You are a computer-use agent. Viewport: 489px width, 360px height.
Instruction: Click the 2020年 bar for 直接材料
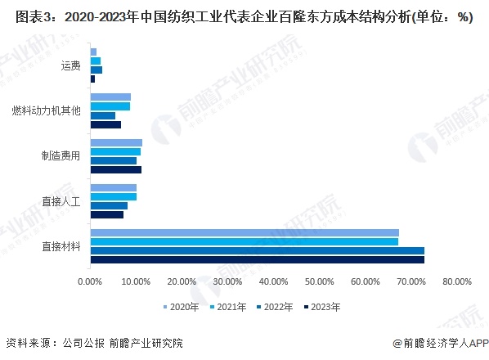pyautogui.click(x=244, y=233)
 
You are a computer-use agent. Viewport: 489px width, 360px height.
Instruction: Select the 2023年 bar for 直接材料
pyautogui.click(x=257, y=260)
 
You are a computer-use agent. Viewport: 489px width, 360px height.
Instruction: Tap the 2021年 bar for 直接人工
pyautogui.click(x=113, y=196)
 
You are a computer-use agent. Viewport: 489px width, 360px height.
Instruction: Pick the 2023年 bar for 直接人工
pyautogui.click(x=106, y=214)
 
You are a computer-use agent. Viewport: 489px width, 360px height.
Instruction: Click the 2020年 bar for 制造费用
pyautogui.click(x=116, y=142)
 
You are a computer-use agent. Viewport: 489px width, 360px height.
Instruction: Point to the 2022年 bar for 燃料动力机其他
pyautogui.click(x=102, y=115)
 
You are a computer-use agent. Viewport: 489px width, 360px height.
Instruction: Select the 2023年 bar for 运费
pyautogui.click(x=92, y=79)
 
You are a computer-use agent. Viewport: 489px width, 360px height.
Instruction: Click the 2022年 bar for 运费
pyautogui.click(x=96, y=70)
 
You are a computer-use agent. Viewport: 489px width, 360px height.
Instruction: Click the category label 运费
pyautogui.click(x=70, y=65)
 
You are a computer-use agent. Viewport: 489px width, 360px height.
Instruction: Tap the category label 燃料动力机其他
pyautogui.click(x=47, y=110)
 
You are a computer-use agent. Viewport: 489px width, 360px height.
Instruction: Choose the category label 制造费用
pyautogui.click(x=61, y=155)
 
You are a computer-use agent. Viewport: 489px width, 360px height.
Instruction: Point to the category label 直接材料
pyautogui.click(x=61, y=246)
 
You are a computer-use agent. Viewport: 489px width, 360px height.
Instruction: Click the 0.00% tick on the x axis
pyautogui.click(x=90, y=281)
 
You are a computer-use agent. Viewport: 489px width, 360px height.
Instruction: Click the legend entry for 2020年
pyautogui.click(x=184, y=307)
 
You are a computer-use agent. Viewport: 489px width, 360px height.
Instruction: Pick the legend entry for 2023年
pyautogui.click(x=325, y=307)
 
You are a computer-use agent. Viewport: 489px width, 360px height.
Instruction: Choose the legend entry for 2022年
pyautogui.click(x=278, y=307)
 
